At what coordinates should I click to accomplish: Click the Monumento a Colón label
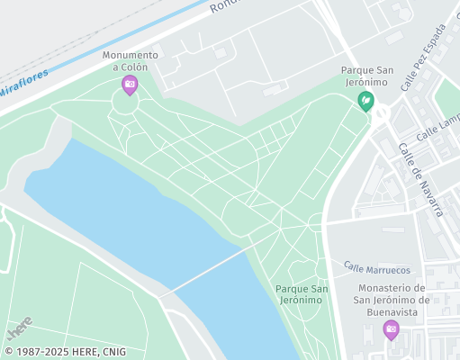(130, 60)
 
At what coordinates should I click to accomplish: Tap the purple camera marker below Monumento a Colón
(130, 85)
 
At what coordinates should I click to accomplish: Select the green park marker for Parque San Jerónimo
(365, 100)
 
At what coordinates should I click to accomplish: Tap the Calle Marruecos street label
(377, 268)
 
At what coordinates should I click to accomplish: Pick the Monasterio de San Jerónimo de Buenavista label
(392, 300)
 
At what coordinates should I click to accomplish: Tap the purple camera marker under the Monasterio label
(392, 328)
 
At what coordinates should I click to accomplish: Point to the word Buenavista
(392, 311)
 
